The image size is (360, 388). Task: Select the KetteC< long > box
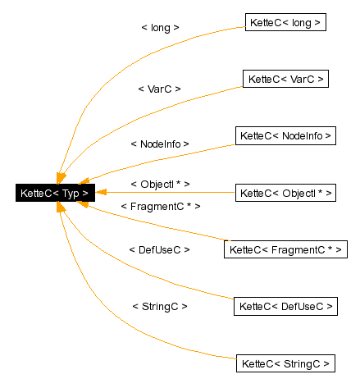[285, 22]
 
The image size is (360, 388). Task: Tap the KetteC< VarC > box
[285, 79]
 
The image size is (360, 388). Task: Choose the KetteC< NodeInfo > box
[285, 135]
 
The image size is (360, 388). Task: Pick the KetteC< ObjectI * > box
[285, 193]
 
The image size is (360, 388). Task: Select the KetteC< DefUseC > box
[285, 306]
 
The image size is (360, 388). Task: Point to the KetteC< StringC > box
[285, 363]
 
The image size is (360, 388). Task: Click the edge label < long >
[160, 27]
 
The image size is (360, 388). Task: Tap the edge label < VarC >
[160, 88]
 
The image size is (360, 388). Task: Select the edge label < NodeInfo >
[160, 144]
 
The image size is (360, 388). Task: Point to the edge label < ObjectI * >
[160, 184]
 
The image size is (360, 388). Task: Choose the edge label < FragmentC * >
[160, 207]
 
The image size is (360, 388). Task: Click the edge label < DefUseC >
[160, 249]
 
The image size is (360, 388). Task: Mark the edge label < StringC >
[160, 306]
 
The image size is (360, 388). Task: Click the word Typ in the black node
[70, 194]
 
